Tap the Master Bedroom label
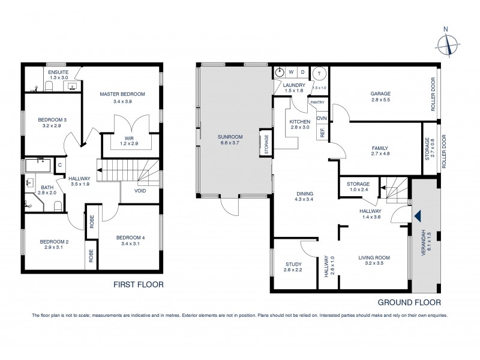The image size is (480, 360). (x=122, y=94)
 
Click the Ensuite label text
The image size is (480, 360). (x=58, y=73)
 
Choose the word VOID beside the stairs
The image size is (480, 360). (x=140, y=191)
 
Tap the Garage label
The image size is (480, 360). (x=380, y=94)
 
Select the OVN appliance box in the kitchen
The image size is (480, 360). (x=322, y=118)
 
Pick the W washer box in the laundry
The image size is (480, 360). (x=292, y=72)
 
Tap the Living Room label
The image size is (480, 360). (x=374, y=258)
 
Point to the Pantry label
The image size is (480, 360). (x=317, y=102)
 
